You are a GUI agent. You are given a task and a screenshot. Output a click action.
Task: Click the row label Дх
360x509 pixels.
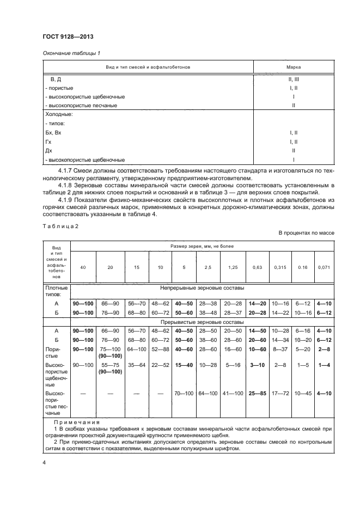48,150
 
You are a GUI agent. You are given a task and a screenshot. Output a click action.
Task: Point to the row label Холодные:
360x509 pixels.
58,115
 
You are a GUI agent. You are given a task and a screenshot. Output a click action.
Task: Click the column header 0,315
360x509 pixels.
280,268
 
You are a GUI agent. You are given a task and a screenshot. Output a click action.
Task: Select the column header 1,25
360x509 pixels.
233,268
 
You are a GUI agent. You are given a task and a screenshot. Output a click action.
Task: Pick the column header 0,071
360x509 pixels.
324,268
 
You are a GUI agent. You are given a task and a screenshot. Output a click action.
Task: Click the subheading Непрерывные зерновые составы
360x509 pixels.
202,287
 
